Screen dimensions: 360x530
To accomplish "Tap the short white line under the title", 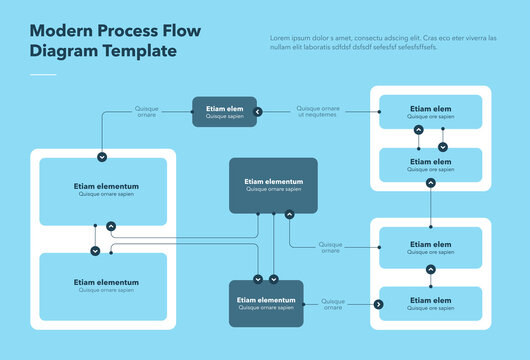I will [44, 74].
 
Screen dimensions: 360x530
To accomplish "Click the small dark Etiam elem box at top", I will [224, 112].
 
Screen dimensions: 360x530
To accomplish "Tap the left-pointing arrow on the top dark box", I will [257, 112].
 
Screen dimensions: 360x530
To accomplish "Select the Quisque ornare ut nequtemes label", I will [318, 112].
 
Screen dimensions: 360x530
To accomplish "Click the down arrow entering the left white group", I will [102, 157].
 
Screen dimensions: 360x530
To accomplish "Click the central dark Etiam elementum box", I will [273, 185].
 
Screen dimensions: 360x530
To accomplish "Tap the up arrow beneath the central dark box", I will [289, 213].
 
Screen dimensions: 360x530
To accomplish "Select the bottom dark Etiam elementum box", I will [266, 303].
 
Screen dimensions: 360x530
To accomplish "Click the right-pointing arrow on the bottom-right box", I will [378, 303].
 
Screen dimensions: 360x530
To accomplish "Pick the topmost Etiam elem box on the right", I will [430, 112].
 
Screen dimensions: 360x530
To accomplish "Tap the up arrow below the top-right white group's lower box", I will [430, 183].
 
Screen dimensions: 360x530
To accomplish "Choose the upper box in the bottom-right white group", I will [430, 247].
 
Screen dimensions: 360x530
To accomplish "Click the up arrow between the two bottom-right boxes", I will [430, 269].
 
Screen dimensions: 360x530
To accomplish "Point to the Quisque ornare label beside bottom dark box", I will [333, 303].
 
